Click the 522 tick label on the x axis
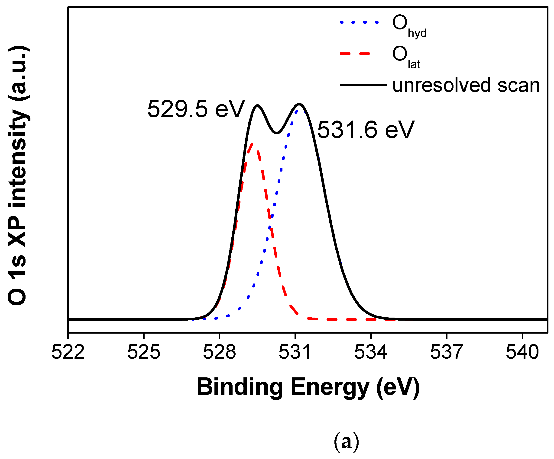[68, 352]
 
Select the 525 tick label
[143, 352]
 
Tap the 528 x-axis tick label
[219, 352]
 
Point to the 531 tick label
[295, 352]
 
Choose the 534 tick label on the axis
[371, 352]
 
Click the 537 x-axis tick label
[446, 352]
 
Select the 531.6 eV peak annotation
[366, 130]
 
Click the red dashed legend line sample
[355, 54]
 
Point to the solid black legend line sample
[363, 85]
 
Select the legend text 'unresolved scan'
[466, 85]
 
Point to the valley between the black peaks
[276, 133]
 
